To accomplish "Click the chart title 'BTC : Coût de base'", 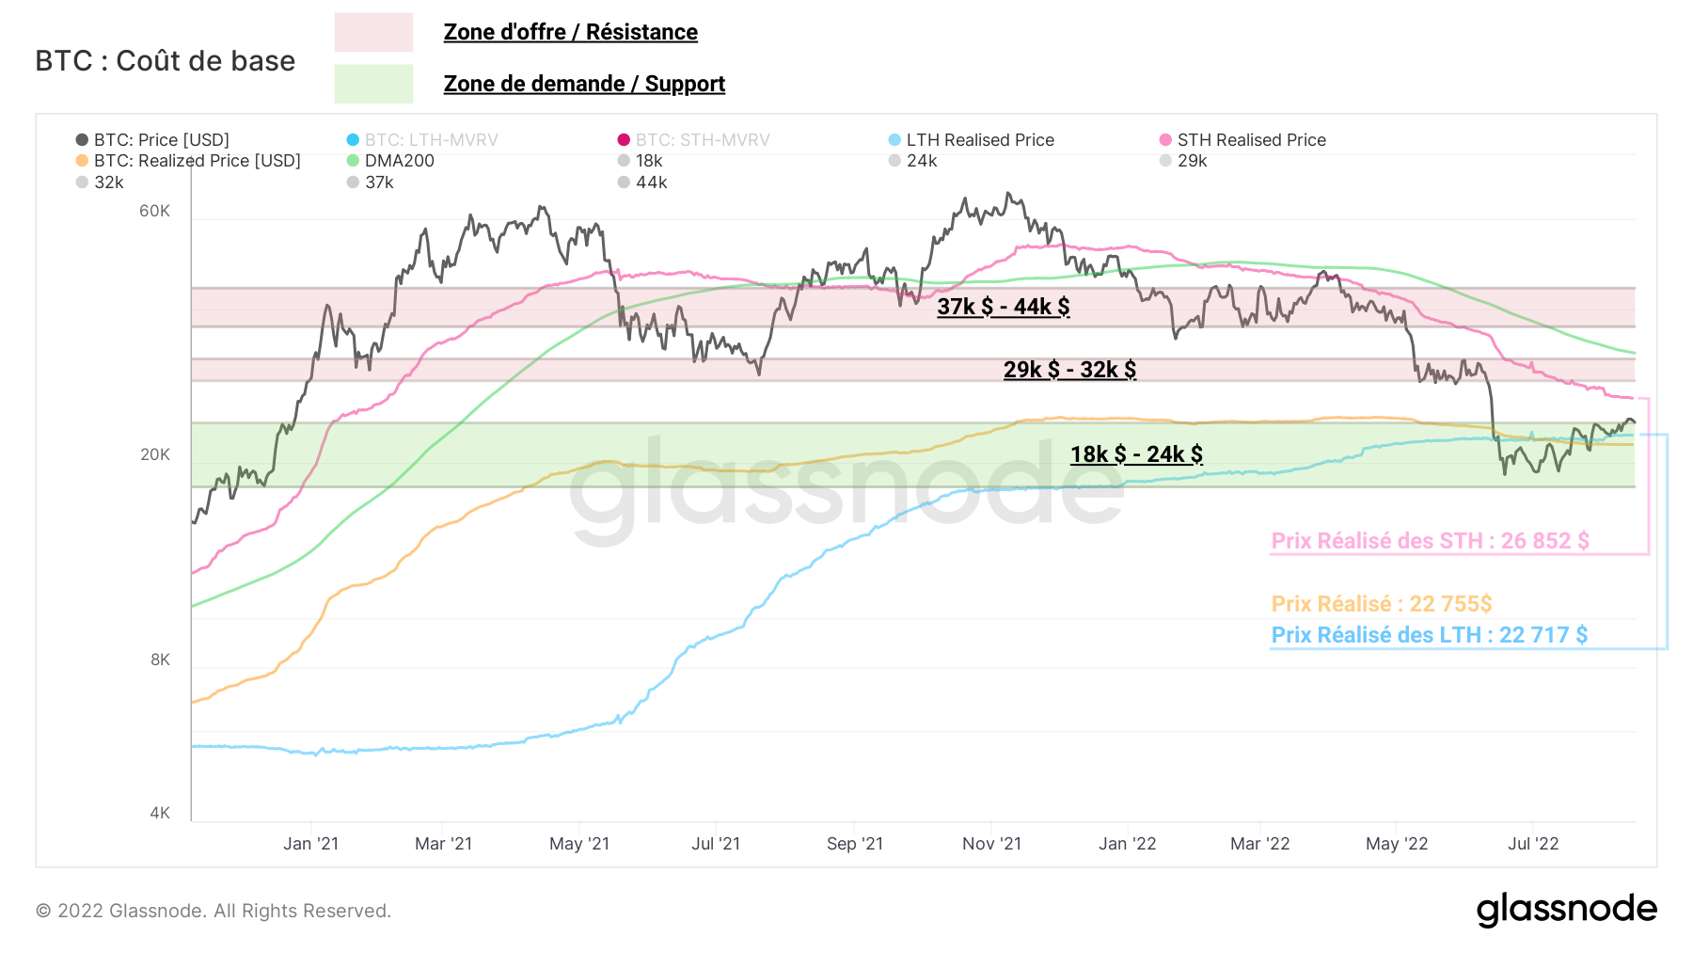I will [166, 61].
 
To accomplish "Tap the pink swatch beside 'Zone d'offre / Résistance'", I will [373, 32].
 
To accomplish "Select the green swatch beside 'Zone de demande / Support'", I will [373, 84].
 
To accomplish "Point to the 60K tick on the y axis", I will [155, 211].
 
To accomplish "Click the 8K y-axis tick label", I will [161, 659].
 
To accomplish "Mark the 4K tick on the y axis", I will [161, 813].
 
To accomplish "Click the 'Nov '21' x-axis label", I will [991, 844].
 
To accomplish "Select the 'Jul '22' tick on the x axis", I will [1533, 844].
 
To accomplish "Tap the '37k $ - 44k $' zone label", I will [1003, 307].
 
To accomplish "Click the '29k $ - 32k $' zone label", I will [1069, 370].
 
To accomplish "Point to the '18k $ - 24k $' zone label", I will [1136, 454].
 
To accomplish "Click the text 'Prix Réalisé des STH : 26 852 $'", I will [1430, 541].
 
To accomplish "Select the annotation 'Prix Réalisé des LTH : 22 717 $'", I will [1429, 635].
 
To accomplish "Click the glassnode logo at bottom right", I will [1566, 910].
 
